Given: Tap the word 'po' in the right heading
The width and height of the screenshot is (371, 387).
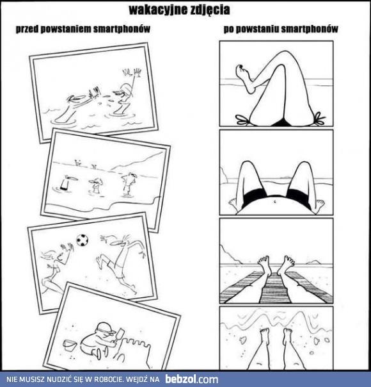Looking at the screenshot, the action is pyautogui.click(x=228, y=29).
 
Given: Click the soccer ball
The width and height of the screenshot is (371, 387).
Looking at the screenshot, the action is pyautogui.click(x=82, y=240).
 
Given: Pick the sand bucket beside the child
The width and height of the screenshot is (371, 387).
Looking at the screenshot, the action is pyautogui.click(x=69, y=345).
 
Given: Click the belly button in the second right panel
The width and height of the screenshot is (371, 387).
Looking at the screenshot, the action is pyautogui.click(x=275, y=202).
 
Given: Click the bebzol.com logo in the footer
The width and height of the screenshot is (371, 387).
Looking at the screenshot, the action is pyautogui.click(x=192, y=379).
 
